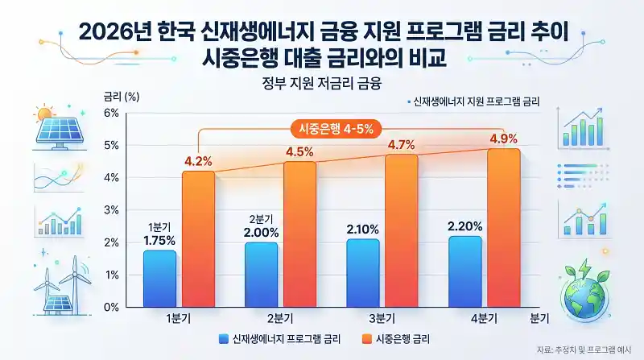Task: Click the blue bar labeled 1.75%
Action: [159, 279]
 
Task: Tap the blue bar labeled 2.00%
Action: [261, 275]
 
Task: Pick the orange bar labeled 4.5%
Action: [299, 234]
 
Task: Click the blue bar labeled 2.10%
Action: [362, 273]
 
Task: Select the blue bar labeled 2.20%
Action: [464, 271]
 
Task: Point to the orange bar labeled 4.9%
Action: [503, 228]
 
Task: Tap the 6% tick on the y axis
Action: [112, 113]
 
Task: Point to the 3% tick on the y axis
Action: [112, 210]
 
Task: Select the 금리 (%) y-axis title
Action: [121, 96]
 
